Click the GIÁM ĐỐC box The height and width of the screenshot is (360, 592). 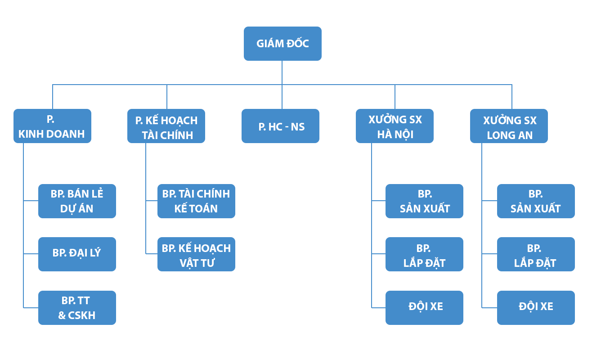[282, 44]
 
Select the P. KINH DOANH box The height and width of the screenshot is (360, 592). [53, 126]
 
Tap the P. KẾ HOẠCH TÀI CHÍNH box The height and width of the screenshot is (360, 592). [166, 126]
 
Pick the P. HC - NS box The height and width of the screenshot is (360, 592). [281, 126]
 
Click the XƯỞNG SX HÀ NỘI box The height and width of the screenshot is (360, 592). [395, 126]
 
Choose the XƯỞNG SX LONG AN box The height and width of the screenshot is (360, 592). [509, 126]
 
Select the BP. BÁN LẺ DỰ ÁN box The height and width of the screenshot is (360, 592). [77, 201]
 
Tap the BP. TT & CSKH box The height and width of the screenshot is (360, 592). [77, 307]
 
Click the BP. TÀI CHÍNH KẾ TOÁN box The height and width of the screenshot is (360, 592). [197, 201]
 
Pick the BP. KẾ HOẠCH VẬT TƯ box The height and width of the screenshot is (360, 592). [197, 254]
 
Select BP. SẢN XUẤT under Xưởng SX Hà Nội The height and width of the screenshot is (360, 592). [424, 201]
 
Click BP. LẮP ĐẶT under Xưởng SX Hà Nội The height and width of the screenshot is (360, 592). [424, 254]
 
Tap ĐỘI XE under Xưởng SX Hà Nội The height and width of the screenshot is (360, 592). [424, 307]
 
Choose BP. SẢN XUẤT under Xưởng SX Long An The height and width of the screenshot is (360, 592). [535, 201]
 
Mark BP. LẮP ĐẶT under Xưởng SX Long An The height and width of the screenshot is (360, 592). [535, 254]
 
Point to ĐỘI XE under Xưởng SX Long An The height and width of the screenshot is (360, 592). [535, 307]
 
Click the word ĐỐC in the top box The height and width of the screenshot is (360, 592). [296, 44]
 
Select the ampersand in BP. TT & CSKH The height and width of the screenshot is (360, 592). [62, 315]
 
